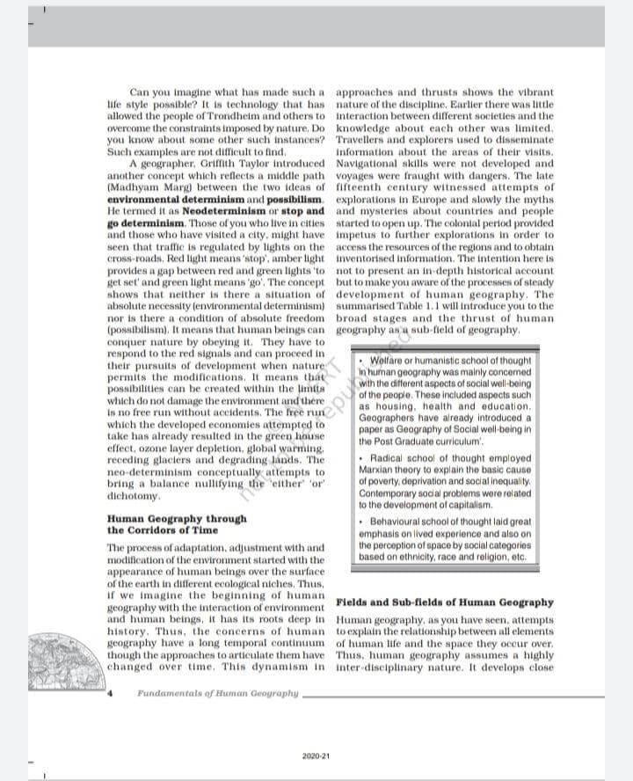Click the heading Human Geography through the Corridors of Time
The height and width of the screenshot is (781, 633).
coord(176,524)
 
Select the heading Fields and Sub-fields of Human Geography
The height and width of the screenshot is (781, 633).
coord(445,602)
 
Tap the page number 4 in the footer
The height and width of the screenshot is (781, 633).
coord(112,694)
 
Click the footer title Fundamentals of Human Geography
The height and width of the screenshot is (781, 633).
coord(218,694)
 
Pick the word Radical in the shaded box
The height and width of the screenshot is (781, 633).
coord(389,458)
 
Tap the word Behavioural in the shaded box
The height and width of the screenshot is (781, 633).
coord(397,522)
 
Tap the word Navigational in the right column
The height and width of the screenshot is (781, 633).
coord(368,164)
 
